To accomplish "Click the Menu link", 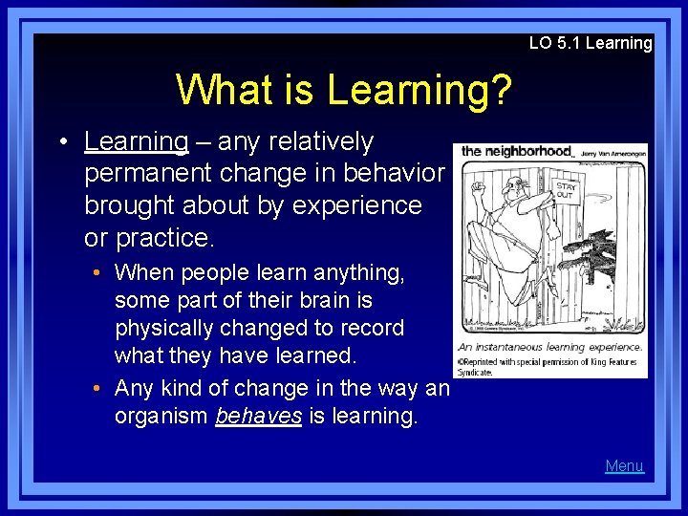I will [624, 466].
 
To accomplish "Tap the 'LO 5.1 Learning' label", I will [591, 43].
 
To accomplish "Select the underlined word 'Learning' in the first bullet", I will [136, 142].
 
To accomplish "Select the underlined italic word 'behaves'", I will [258, 417].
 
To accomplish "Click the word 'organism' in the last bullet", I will [161, 417].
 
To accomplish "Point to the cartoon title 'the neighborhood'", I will [516, 151].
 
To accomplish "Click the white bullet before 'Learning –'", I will [61, 142].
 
